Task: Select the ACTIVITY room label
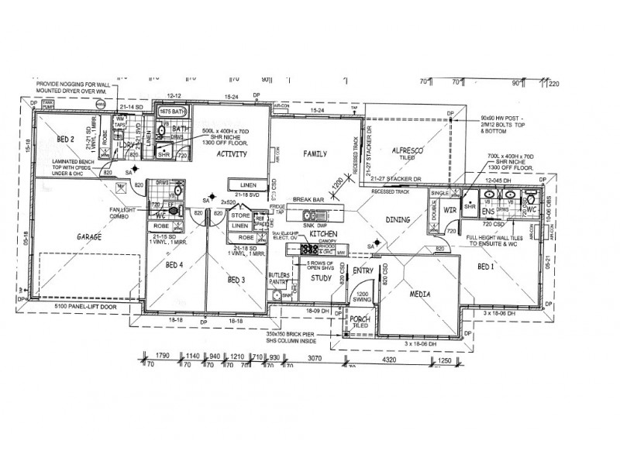click(x=231, y=154)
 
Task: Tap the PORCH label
click(x=358, y=319)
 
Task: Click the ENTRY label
click(x=363, y=270)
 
